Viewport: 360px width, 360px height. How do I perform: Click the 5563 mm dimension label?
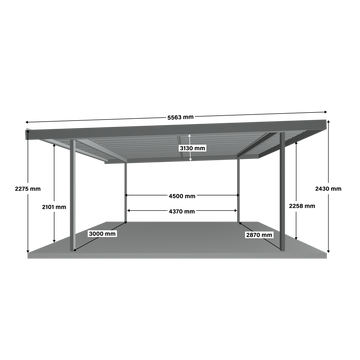click(180, 117)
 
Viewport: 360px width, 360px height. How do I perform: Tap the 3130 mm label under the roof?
click(192, 148)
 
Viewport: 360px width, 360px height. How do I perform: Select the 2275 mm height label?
click(28, 189)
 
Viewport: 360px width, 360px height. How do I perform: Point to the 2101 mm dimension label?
click(54, 207)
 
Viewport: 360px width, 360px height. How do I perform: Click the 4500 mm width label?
click(182, 196)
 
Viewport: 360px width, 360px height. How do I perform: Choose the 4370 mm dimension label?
click(182, 211)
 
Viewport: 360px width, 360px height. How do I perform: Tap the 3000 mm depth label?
click(102, 234)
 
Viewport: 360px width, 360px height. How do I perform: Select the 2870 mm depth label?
click(259, 235)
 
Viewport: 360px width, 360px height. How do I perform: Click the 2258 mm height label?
click(302, 206)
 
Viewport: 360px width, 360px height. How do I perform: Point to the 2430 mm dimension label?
click(328, 189)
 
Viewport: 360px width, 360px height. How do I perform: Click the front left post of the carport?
click(73, 195)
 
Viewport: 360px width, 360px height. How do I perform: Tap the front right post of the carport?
click(282, 191)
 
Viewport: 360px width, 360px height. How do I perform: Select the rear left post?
click(125, 192)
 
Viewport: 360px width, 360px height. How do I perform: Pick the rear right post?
click(238, 191)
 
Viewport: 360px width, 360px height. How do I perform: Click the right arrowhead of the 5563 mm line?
click(325, 112)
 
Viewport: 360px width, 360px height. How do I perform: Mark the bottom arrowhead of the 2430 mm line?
click(328, 251)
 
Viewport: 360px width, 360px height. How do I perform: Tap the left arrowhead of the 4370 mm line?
click(128, 211)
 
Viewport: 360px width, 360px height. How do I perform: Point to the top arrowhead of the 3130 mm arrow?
click(190, 136)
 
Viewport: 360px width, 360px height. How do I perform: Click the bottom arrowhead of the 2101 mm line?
click(54, 241)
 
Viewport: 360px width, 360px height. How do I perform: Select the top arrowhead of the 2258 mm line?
click(296, 143)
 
